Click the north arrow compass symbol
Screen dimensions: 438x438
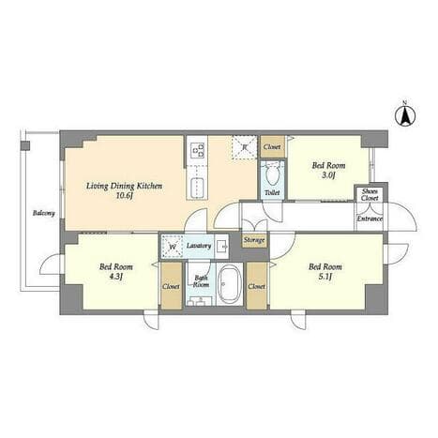(405, 116)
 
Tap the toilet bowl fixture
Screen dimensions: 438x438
(272, 174)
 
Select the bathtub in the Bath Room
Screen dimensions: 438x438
(229, 284)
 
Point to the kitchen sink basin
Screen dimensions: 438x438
(197, 187)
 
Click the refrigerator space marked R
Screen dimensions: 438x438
(245, 147)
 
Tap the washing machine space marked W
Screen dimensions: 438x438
(172, 247)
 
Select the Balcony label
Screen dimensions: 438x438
(44, 213)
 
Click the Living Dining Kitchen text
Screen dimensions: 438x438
(124, 186)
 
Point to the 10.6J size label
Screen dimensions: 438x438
(125, 196)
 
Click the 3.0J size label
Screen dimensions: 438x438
(328, 175)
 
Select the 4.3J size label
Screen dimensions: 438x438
(115, 277)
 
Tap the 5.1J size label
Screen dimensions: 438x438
(325, 277)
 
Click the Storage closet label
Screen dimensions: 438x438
(254, 240)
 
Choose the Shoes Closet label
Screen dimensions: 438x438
(370, 194)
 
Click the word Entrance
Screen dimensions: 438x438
(370, 219)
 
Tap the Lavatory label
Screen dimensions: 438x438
(199, 246)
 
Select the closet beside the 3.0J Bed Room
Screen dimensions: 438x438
(272, 146)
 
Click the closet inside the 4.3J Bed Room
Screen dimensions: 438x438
(172, 286)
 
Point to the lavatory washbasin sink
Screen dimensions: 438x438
(222, 247)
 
